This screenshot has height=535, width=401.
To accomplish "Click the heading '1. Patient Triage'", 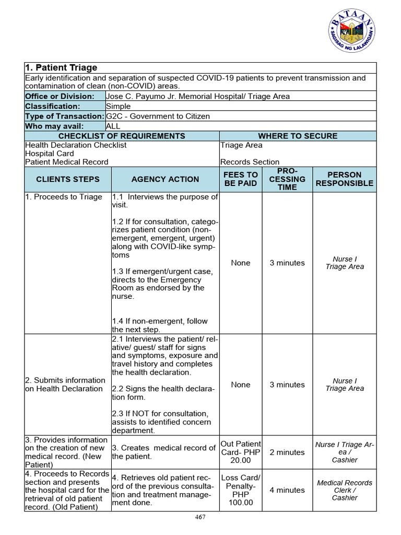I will pyautogui.click(x=62, y=68).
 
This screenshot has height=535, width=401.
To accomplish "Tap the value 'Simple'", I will pyautogui.click(x=118, y=106).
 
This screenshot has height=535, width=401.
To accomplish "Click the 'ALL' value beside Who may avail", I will pyautogui.click(x=113, y=126).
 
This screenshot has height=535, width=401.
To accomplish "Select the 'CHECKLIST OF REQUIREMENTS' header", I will pyautogui.click(x=122, y=136).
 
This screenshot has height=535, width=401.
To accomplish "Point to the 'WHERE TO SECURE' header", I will pyautogui.click(x=298, y=136).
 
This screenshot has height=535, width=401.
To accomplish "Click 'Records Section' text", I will pyautogui.click(x=250, y=162).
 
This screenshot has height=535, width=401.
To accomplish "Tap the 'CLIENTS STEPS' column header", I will pyautogui.click(x=68, y=179).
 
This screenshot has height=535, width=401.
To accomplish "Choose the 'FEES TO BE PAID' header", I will pyautogui.click(x=240, y=179).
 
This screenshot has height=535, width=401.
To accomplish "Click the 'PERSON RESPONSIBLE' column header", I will pyautogui.click(x=344, y=179).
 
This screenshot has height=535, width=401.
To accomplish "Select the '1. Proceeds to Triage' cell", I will pyautogui.click(x=64, y=197).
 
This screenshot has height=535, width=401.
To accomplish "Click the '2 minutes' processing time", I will pyautogui.click(x=287, y=452).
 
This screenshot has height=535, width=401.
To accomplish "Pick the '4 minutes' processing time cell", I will pyautogui.click(x=287, y=490).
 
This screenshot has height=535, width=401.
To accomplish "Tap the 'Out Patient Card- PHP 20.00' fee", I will pyautogui.click(x=240, y=452).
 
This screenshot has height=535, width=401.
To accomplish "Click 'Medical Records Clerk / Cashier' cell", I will pyautogui.click(x=344, y=490).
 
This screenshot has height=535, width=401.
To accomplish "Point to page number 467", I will pyautogui.click(x=200, y=517).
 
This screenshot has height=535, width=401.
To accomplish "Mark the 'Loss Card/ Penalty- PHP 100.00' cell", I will pyautogui.click(x=240, y=490).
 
